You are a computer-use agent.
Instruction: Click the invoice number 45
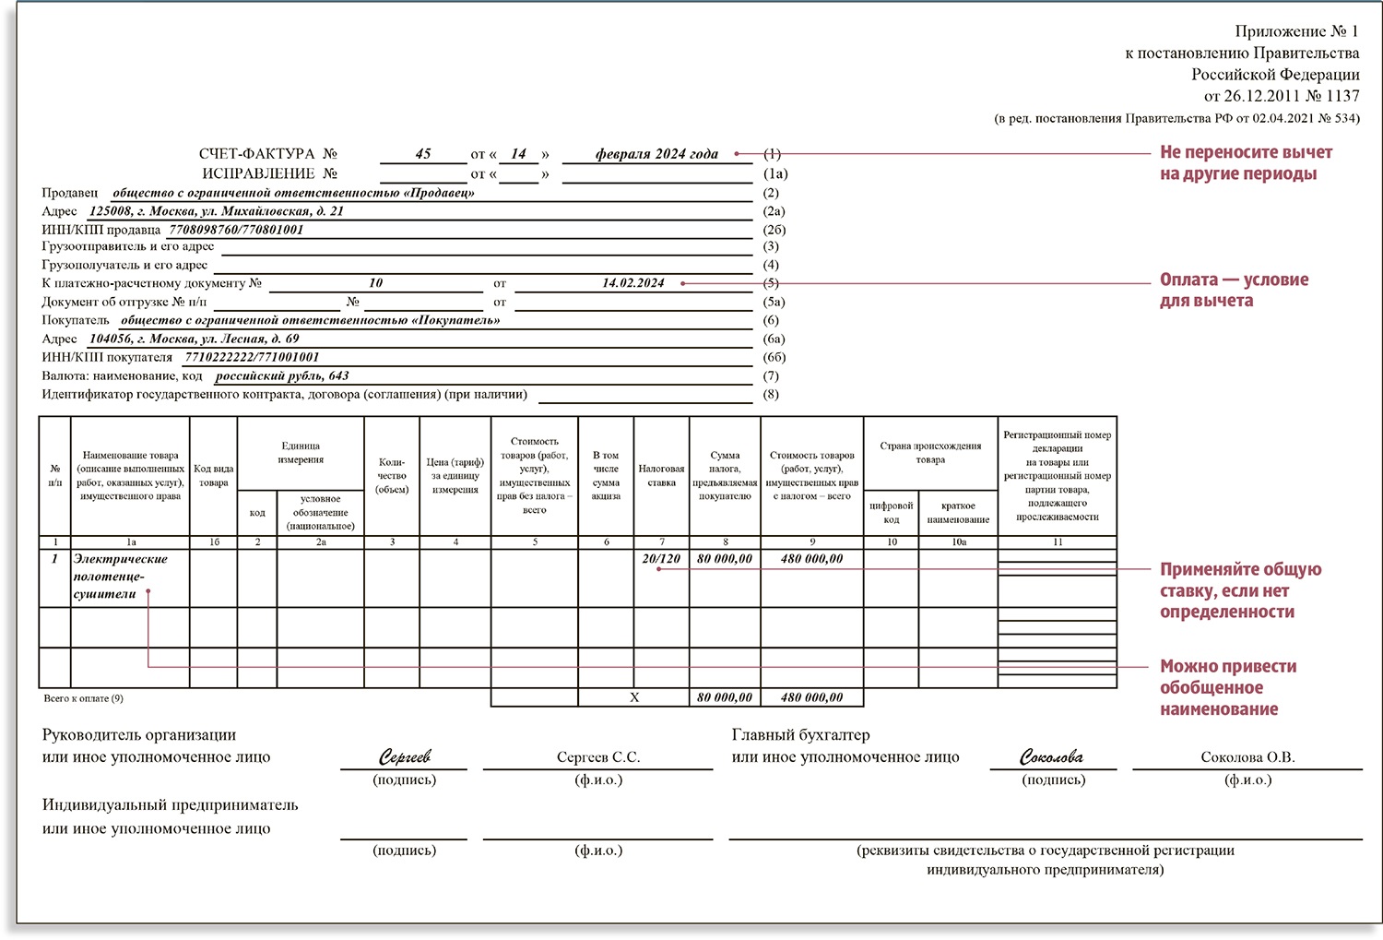[423, 154]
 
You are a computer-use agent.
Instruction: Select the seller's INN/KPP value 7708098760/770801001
[236, 230]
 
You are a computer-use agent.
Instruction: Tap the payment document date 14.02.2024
[632, 283]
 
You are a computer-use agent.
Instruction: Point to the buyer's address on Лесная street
[194, 339]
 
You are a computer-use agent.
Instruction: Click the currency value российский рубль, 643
[281, 376]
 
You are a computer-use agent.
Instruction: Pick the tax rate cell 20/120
[661, 559]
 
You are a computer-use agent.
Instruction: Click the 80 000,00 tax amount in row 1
[725, 559]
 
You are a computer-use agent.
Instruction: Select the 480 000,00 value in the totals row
[811, 697]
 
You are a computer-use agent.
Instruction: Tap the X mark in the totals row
[634, 697]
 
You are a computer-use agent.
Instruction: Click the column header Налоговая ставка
[661, 475]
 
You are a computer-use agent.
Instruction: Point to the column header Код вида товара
[213, 475]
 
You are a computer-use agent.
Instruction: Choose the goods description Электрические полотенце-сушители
[120, 577]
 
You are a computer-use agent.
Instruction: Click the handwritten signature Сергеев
[405, 757]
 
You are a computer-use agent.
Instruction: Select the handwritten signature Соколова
[1052, 757]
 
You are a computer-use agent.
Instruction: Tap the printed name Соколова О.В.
[1247, 757]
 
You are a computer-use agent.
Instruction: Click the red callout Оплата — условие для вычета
[1233, 290]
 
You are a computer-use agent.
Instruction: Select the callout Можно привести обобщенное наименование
[1227, 687]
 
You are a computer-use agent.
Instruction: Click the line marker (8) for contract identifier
[771, 395]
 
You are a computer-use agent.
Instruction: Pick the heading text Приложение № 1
[1296, 31]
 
